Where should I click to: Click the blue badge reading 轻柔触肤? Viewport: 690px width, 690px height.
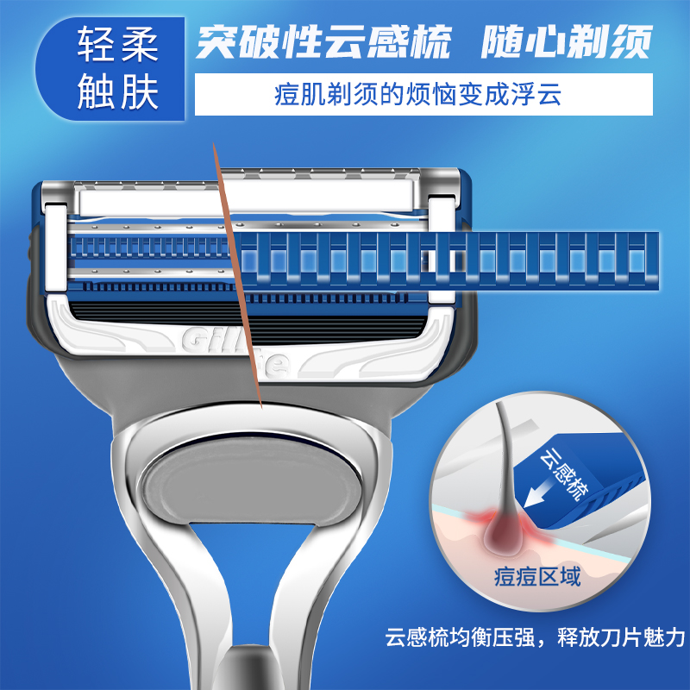(x=110, y=69)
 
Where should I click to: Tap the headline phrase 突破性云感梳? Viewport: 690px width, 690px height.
(x=324, y=41)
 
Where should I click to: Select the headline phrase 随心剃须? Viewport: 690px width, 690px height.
(x=567, y=41)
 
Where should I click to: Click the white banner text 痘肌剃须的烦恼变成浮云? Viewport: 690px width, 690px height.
(x=417, y=94)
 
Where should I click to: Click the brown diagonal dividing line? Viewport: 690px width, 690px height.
(x=238, y=275)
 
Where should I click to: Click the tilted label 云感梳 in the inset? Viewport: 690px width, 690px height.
(x=564, y=475)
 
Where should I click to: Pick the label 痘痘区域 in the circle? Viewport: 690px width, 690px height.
(x=537, y=576)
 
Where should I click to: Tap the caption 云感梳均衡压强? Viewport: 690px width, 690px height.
(x=460, y=637)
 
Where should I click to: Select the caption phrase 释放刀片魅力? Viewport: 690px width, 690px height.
(x=621, y=637)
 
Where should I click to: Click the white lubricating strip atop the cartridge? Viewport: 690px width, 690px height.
(x=247, y=198)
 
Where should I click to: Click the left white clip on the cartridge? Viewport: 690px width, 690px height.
(x=56, y=248)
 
